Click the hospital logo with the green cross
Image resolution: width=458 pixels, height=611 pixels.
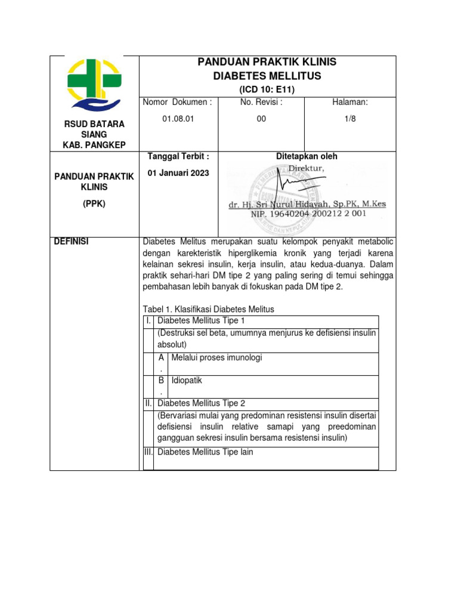pos(94,84)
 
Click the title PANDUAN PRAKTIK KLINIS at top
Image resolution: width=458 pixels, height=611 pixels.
pos(267,62)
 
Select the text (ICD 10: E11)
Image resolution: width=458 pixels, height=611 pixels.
pos(267,90)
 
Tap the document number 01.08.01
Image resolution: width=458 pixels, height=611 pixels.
pos(178,119)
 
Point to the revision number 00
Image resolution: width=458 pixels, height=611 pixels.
pos(261,119)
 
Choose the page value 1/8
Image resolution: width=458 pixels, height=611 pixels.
pos(349,119)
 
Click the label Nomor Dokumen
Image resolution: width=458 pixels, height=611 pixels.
pos(178,102)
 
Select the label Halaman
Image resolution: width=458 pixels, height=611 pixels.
pos(349,102)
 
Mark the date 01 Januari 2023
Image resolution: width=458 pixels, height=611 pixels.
pos(178,174)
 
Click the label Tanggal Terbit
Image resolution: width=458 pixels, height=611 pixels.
pos(178,156)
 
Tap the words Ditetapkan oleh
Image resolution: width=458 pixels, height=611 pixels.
pos(307,156)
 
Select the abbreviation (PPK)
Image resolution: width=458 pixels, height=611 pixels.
pos(94,203)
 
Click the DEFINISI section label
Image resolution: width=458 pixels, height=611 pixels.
pos(72,241)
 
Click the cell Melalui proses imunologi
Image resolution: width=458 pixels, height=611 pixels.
pos(216,357)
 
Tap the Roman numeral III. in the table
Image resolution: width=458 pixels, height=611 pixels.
pos(148,452)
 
